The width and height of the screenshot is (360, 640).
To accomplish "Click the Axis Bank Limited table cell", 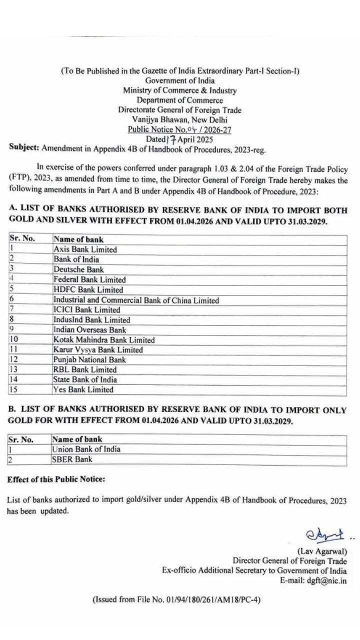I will pyautogui.click(x=85, y=249).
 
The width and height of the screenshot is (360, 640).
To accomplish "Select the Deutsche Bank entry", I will pyautogui.click(x=79, y=269).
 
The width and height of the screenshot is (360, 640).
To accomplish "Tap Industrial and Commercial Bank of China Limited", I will pyautogui.click(x=136, y=300).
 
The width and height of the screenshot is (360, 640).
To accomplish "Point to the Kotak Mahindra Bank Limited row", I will pyautogui.click(x=104, y=340).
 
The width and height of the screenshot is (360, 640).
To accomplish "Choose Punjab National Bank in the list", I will pyautogui.click(x=90, y=359).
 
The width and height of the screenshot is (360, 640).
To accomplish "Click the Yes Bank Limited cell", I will pyautogui.click(x=83, y=389).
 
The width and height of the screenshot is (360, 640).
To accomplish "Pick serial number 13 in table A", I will pyautogui.click(x=14, y=369).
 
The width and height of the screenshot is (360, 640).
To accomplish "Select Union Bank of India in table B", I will pyautogui.click(x=86, y=449).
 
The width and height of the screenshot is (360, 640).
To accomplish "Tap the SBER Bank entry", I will pyautogui.click(x=72, y=459).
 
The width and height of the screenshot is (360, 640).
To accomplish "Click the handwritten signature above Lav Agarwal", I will pyautogui.click(x=325, y=535).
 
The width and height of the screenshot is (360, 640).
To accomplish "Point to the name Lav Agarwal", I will pyautogui.click(x=322, y=551).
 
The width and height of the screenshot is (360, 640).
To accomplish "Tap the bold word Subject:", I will pyautogui.click(x=24, y=147).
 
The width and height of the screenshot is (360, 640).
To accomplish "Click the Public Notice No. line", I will pyautogui.click(x=179, y=129).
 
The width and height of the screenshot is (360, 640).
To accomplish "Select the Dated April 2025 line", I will pyautogui.click(x=179, y=139).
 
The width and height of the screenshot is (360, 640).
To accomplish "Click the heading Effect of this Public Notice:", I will pyautogui.click(x=56, y=479).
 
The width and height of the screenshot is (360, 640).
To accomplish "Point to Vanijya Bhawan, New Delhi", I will pyautogui.click(x=179, y=119).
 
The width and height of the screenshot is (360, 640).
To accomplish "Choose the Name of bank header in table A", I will pyautogui.click(x=78, y=239).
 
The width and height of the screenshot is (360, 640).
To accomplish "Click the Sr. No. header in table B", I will pyautogui.click(x=20, y=439).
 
